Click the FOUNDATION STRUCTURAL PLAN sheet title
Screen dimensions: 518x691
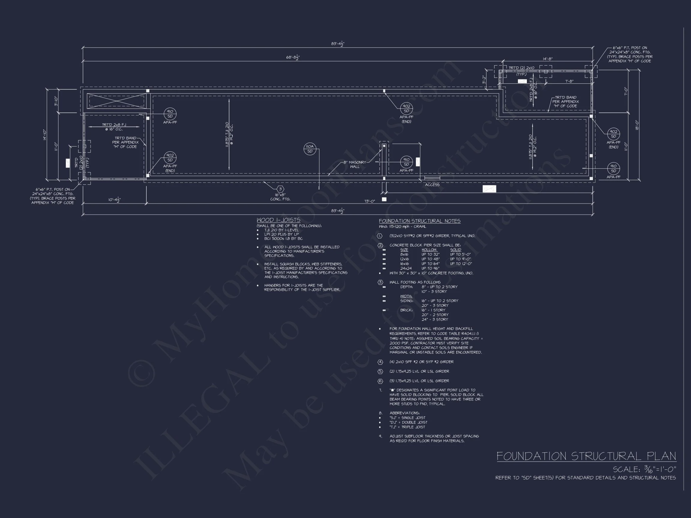click(x=586, y=456)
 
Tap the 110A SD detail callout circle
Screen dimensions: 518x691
click(x=310, y=149)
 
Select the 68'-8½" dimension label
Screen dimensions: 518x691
click(x=293, y=58)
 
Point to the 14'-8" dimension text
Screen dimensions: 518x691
click(x=547, y=59)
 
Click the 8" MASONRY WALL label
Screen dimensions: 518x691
click(x=354, y=164)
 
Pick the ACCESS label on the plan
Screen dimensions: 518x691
click(x=432, y=185)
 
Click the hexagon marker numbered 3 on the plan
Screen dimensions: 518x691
click(x=280, y=189)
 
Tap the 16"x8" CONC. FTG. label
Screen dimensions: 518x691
click(x=280, y=197)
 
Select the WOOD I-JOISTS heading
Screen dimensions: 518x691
click(x=278, y=220)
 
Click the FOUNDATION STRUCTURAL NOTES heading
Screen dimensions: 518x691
click(x=420, y=221)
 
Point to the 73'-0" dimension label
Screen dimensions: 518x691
click(x=369, y=201)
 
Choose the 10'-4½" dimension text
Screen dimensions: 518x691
click(x=114, y=200)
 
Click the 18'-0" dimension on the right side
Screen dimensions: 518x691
click(x=637, y=125)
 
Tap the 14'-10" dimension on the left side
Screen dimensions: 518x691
click(x=45, y=135)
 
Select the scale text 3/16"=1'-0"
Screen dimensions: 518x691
click(x=644, y=470)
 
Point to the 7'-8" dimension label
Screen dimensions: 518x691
click(x=569, y=82)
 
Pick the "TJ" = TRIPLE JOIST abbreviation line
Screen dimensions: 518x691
click(x=407, y=427)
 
